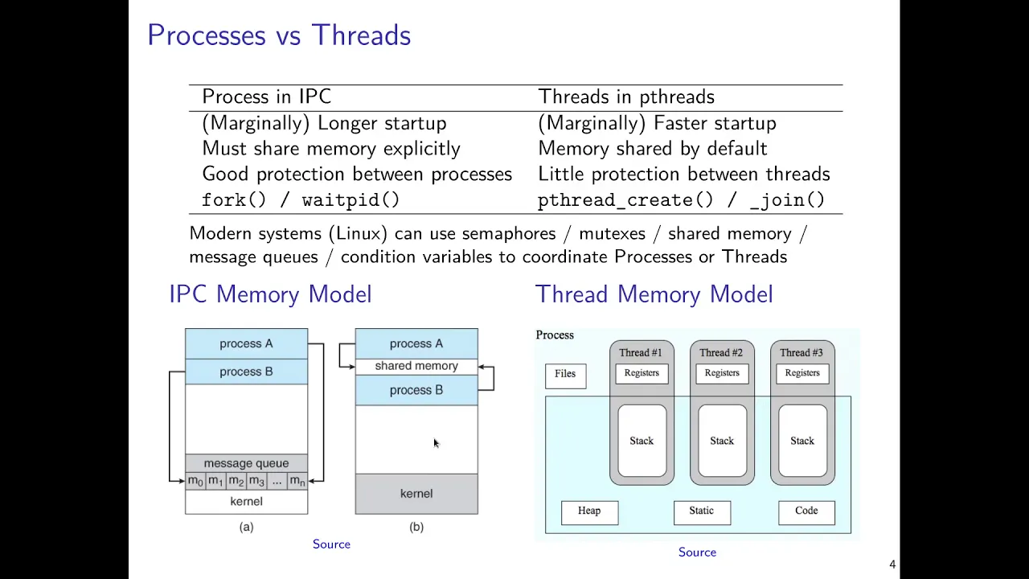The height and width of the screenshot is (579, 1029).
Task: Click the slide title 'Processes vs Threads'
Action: point(279,35)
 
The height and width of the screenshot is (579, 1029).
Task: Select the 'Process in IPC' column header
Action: point(266,97)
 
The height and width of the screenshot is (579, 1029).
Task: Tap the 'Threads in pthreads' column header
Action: point(626,97)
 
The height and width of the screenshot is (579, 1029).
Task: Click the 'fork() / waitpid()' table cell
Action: point(301,200)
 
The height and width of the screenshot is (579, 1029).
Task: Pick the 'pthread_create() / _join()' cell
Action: point(681,200)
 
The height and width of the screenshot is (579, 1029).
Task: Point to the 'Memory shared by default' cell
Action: point(652,149)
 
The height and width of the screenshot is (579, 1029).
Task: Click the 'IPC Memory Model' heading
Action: point(270,294)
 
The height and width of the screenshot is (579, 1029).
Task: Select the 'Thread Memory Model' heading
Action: point(654,294)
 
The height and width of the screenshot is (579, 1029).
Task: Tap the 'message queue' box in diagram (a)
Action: point(247,463)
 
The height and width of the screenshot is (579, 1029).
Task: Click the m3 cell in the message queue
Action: point(256,481)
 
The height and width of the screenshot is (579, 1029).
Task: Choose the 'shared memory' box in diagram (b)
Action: point(416,366)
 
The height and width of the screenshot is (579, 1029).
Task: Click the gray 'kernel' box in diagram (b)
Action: point(416,494)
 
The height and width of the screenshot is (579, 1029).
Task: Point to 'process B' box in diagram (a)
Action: point(247,372)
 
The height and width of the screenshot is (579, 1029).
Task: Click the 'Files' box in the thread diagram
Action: point(565,376)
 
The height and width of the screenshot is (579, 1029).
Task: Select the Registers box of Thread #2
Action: point(722,374)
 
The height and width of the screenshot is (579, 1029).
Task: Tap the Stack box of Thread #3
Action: point(802,441)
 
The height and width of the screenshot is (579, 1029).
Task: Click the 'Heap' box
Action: point(589,513)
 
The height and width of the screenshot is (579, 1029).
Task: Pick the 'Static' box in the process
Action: point(702,513)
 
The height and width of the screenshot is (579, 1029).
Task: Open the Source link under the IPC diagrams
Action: point(332,544)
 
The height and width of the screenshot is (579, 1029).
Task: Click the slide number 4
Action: point(892,565)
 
